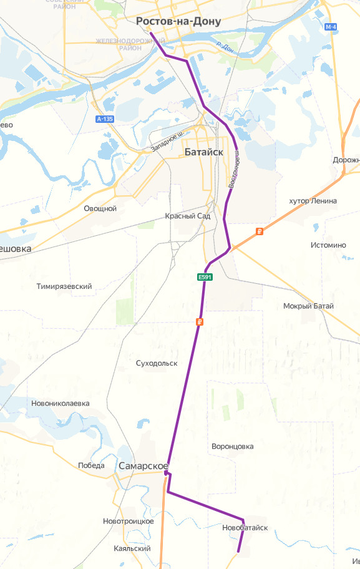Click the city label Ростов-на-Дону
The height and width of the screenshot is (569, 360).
[x=178, y=22]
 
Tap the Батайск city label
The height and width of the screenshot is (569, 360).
[x=203, y=152]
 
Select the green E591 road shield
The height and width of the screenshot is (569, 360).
[x=205, y=277]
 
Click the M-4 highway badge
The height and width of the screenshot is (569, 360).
[x=331, y=27]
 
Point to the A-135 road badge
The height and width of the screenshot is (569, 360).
[x=105, y=119]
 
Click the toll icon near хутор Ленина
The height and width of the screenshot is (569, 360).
[x=260, y=231]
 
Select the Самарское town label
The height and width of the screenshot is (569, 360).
[x=144, y=466]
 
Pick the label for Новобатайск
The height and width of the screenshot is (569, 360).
[x=245, y=528]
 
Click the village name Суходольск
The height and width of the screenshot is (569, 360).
[x=157, y=363]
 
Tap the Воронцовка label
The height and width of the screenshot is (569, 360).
[x=233, y=447]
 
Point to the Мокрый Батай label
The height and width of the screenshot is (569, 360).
[x=308, y=306]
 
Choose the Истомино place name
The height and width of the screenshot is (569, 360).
[x=328, y=245]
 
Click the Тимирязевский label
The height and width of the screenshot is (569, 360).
[x=64, y=286]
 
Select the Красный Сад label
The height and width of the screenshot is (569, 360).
[x=188, y=216]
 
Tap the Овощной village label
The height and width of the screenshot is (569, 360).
[x=100, y=208]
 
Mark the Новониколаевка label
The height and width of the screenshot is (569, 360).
[x=60, y=404]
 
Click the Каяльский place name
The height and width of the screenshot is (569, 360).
[x=132, y=548]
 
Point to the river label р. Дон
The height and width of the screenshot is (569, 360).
[x=224, y=47]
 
